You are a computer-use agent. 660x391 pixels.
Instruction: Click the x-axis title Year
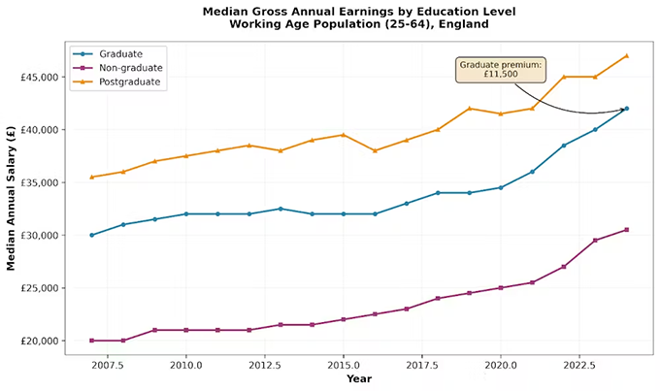tap(359, 378)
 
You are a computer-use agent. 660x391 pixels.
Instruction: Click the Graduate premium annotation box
tap(501, 69)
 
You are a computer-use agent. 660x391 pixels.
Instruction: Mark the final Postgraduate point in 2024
tap(626, 55)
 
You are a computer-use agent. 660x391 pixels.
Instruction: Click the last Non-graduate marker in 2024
tap(626, 230)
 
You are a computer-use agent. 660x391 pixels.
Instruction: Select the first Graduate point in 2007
tap(92, 235)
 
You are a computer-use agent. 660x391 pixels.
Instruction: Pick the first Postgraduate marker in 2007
tap(92, 177)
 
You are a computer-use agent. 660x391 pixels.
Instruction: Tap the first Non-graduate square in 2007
tap(92, 341)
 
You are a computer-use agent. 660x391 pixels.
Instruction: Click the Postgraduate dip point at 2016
tap(375, 150)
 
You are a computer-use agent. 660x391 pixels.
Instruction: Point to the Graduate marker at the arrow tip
tap(626, 109)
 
